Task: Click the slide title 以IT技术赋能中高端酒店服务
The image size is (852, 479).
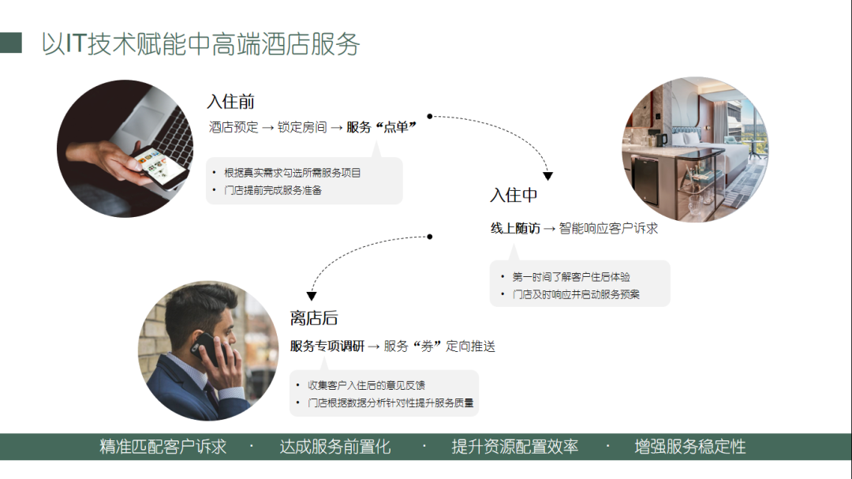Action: [200, 44]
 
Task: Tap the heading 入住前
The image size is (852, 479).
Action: [230, 102]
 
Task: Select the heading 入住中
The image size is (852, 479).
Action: [514, 195]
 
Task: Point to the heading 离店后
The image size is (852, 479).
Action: [314, 318]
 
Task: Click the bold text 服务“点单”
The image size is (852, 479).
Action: [381, 127]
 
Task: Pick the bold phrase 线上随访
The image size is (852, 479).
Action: [515, 228]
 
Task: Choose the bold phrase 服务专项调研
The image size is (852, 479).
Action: [327, 346]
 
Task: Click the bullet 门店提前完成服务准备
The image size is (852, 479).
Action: [273, 190]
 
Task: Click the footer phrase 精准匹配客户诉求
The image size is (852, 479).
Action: [163, 447]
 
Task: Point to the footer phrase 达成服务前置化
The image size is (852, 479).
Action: [335, 447]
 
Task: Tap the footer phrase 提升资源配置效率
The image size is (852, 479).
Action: [514, 447]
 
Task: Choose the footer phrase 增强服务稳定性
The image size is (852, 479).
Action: [690, 447]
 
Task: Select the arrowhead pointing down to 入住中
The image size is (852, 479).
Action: [547, 176]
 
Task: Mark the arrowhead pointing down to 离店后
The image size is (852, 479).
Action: [312, 297]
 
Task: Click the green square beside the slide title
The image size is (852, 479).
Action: [11, 43]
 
